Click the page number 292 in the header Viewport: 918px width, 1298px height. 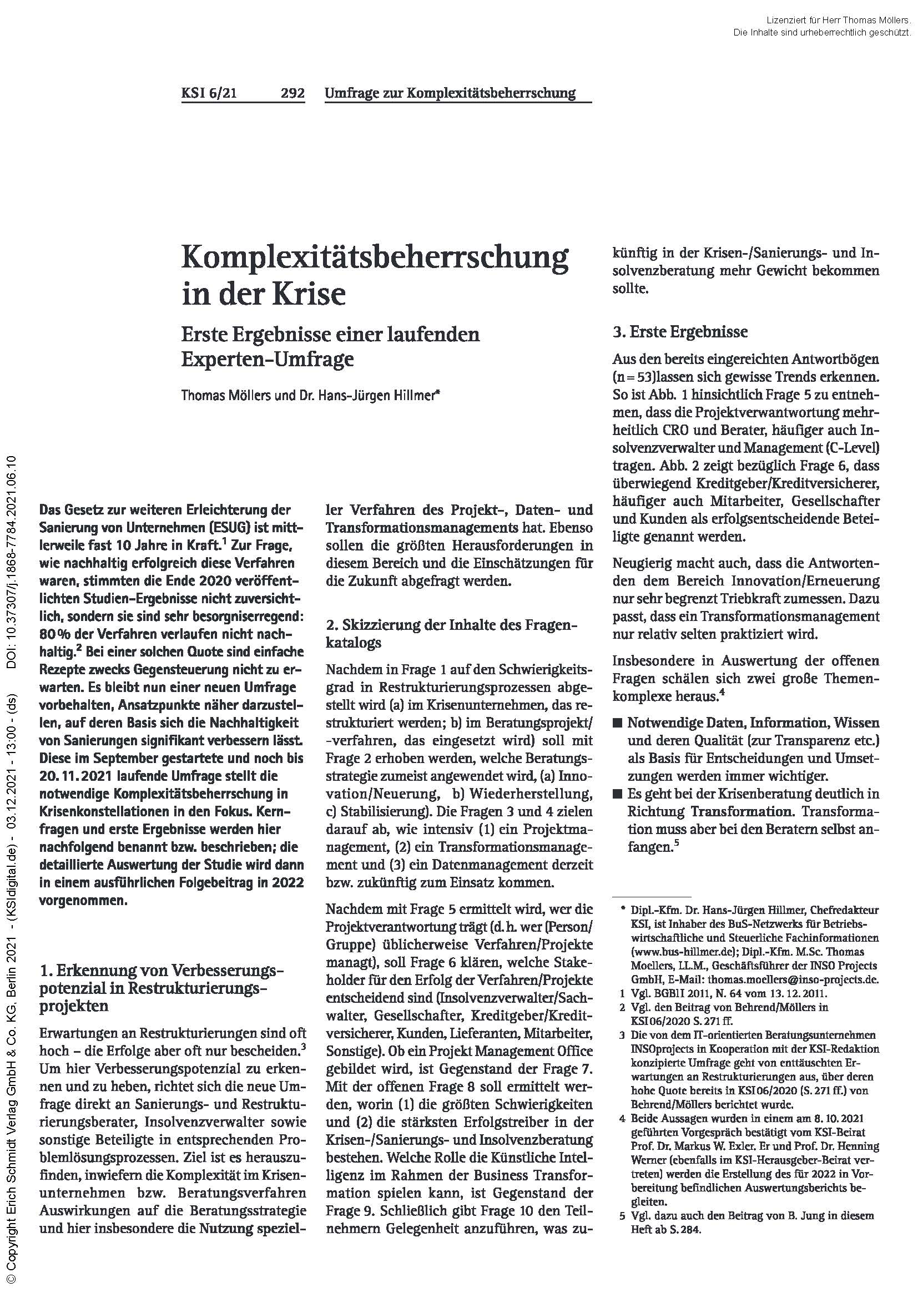click(x=292, y=93)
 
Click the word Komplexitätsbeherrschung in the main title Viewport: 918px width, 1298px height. click(x=375, y=259)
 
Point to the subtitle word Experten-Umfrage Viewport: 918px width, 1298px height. click(x=268, y=360)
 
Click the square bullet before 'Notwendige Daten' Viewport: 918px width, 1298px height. click(x=618, y=723)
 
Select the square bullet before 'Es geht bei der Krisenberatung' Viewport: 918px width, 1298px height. click(x=618, y=794)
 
